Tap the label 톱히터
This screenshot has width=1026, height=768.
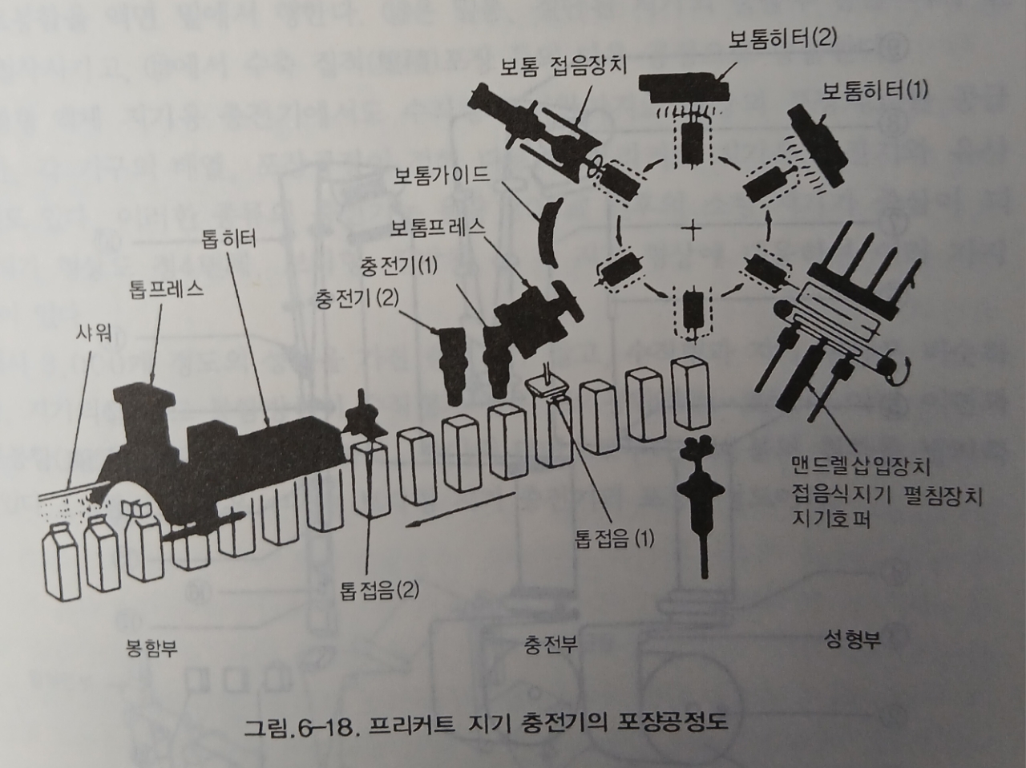pyautogui.click(x=229, y=238)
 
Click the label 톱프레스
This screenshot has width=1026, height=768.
pyautogui.click(x=166, y=289)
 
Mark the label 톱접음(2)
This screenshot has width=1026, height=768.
pyautogui.click(x=379, y=591)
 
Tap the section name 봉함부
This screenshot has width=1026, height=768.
pyautogui.click(x=151, y=647)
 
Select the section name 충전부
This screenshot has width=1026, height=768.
pyautogui.click(x=551, y=644)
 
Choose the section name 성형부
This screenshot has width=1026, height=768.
pyautogui.click(x=852, y=640)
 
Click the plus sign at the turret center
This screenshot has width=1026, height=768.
pyautogui.click(x=691, y=230)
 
